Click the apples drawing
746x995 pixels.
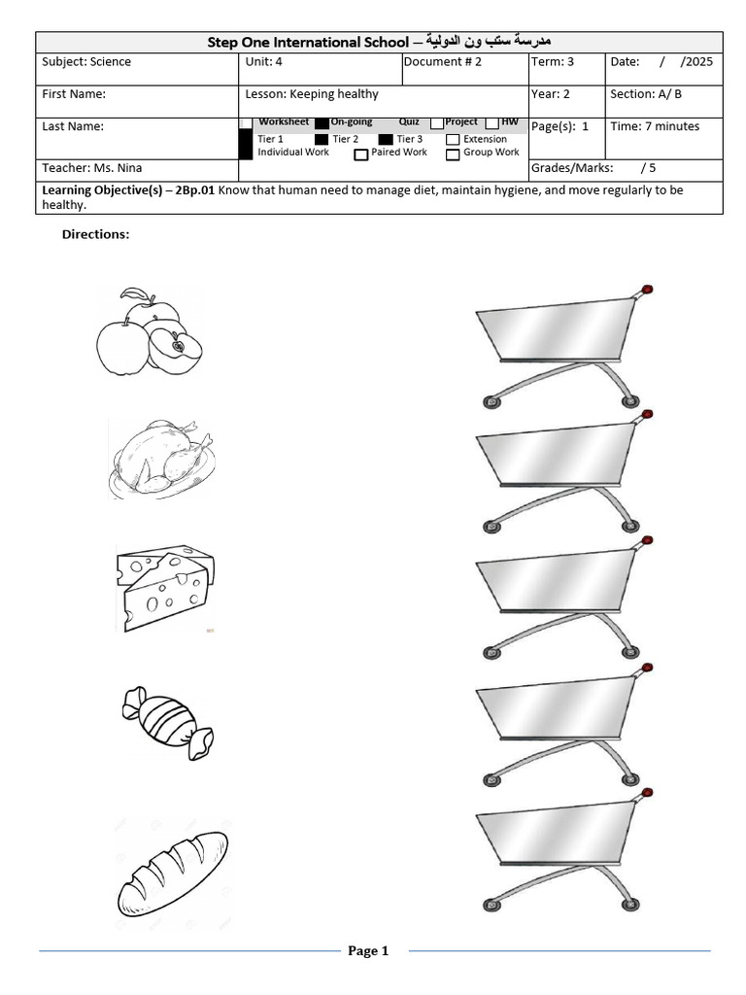point(149,332)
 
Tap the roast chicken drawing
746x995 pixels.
point(160,458)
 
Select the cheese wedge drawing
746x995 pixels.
point(164,586)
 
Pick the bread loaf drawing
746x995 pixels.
point(173,873)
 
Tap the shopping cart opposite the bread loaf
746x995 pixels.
point(559,855)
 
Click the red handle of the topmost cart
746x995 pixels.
point(647,289)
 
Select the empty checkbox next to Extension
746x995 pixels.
point(453,140)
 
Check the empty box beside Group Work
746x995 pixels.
point(453,154)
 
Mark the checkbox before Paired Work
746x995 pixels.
point(360,154)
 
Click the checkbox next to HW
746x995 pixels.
point(492,122)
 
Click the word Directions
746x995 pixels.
point(95,234)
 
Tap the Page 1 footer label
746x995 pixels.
point(368,951)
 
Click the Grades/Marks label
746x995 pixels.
point(571,168)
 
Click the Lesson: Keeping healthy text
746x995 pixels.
point(312,94)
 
